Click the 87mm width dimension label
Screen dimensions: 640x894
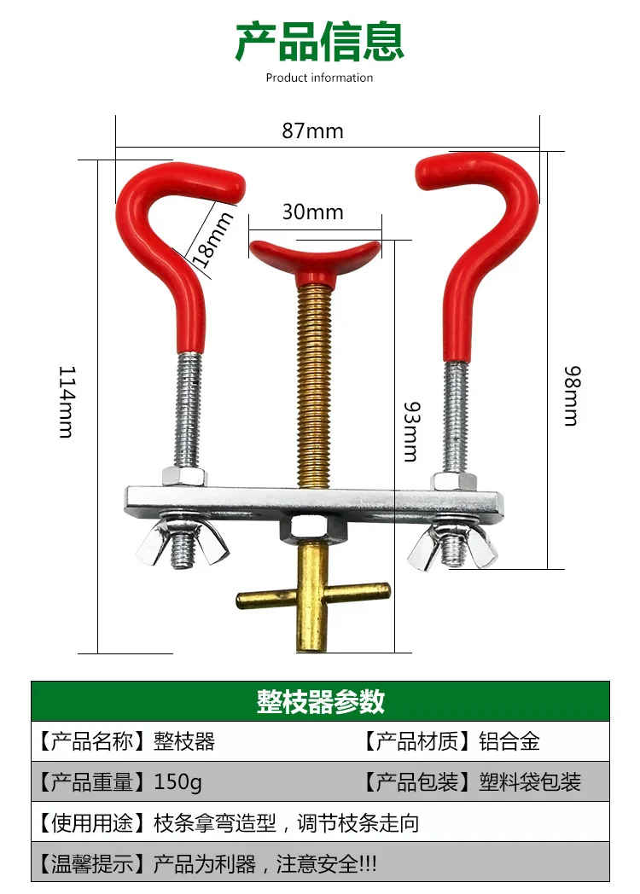(312, 131)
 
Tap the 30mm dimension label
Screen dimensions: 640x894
(312, 212)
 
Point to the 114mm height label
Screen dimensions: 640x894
(67, 401)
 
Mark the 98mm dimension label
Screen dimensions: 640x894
(571, 395)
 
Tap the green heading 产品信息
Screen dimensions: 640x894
(320, 43)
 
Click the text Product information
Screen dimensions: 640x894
(319, 78)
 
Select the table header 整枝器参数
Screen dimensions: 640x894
(320, 701)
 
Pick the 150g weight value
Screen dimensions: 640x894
(178, 781)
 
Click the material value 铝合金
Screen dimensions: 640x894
(509, 741)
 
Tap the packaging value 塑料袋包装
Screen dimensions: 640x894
(530, 781)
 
